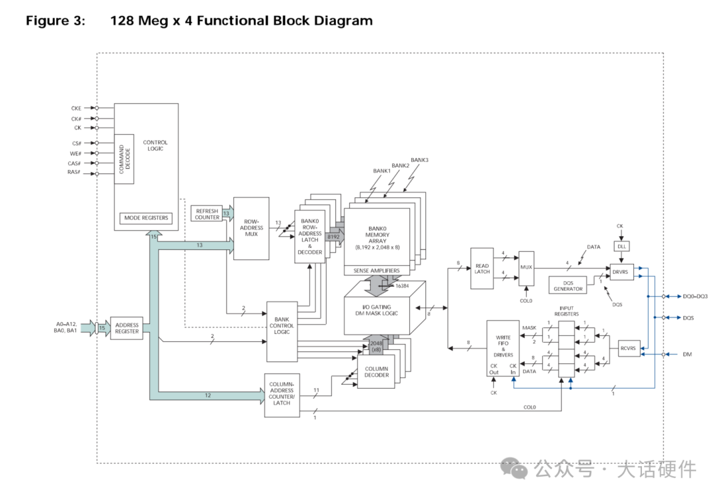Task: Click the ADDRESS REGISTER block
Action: click(127, 328)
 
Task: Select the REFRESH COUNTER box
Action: click(207, 214)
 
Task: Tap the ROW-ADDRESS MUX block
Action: click(251, 228)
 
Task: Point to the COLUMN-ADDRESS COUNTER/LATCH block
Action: click(282, 395)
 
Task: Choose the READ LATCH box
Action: click(482, 268)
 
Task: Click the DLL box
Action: click(621, 246)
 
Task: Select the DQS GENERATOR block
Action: click(567, 285)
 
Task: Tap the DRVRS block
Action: click(621, 271)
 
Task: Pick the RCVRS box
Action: click(629, 347)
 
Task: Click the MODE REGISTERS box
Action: click(145, 218)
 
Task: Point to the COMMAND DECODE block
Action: click(124, 159)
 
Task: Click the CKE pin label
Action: click(76, 108)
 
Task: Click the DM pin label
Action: click(687, 355)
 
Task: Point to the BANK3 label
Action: click(419, 160)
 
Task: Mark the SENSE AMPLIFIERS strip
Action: click(377, 271)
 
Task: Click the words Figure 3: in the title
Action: click(56, 21)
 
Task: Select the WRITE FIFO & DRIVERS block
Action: click(503, 347)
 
